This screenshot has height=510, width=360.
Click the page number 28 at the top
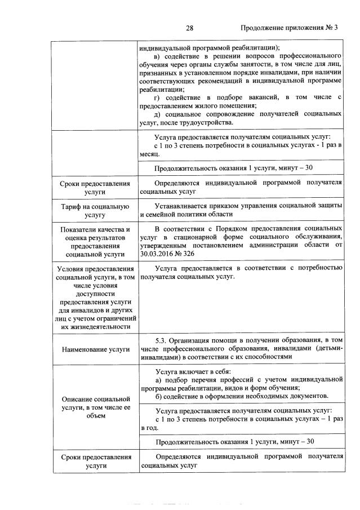pos(189,28)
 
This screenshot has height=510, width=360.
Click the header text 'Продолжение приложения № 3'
pos(288,28)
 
